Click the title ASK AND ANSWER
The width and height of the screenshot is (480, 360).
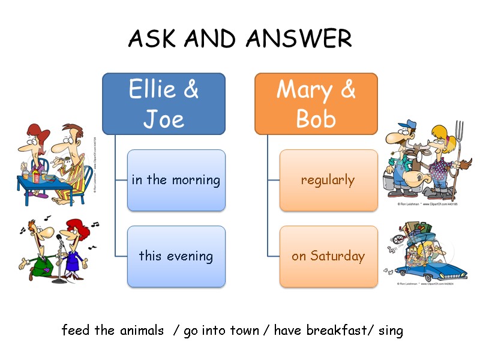(240, 39)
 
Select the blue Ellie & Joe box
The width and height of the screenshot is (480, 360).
(164, 104)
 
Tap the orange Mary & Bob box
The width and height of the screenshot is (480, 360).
(316, 104)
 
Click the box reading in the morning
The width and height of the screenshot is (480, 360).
(176, 180)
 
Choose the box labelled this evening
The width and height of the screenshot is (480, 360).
(176, 256)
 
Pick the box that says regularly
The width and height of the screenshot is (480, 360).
(328, 180)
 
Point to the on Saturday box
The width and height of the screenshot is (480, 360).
(328, 256)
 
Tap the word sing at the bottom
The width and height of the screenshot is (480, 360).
(391, 330)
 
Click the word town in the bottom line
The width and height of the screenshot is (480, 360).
(243, 330)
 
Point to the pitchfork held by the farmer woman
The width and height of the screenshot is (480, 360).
(459, 144)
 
